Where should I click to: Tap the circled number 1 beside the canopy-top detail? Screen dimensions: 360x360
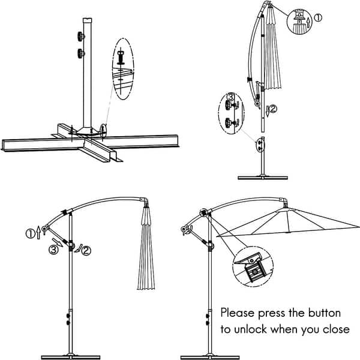click(x=318, y=18)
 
